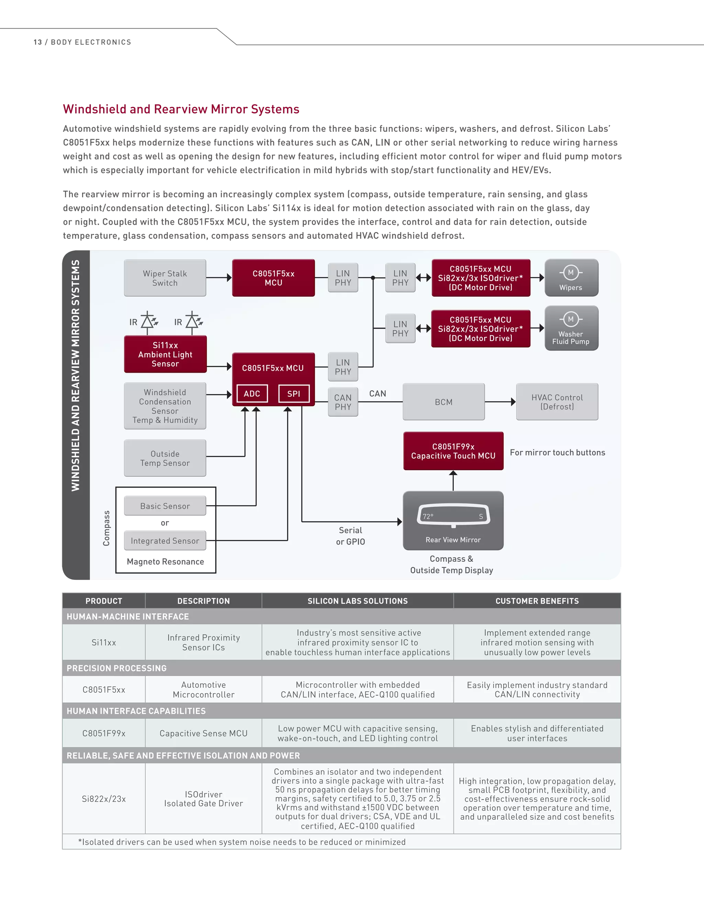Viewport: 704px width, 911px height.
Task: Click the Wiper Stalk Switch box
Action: click(x=165, y=278)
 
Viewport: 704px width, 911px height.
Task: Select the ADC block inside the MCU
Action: click(x=252, y=393)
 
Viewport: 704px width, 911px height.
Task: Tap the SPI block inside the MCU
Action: click(x=294, y=393)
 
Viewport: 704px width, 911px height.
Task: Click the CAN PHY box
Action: click(x=343, y=402)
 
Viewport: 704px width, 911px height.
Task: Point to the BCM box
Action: click(x=443, y=402)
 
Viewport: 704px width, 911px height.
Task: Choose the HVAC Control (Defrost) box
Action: click(x=557, y=402)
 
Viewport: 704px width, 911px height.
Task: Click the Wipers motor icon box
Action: click(x=571, y=278)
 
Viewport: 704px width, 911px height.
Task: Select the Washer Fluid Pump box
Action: click(x=571, y=328)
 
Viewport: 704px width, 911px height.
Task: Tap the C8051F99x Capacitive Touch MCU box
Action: click(x=453, y=451)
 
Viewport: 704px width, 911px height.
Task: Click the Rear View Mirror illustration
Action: click(x=453, y=520)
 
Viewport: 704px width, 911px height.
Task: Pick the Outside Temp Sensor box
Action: click(x=165, y=458)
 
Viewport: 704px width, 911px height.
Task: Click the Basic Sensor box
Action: click(x=165, y=506)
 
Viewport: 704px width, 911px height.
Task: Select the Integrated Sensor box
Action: click(x=165, y=541)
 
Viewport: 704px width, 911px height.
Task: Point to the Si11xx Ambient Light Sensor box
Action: click(x=165, y=354)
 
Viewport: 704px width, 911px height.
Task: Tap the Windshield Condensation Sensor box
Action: click(x=165, y=406)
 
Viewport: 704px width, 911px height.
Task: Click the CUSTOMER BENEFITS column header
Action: click(x=537, y=601)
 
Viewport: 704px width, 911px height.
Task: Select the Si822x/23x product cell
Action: click(x=104, y=798)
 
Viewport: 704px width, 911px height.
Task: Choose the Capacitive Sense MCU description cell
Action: click(x=203, y=733)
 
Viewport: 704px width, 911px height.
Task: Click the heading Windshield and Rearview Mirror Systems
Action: click(x=181, y=109)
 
